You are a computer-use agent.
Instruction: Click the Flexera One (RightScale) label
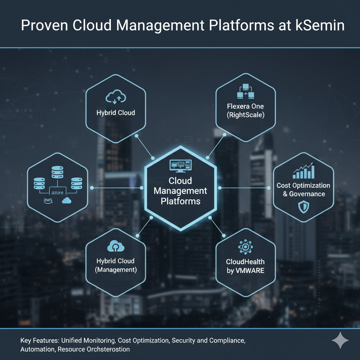click(245, 110)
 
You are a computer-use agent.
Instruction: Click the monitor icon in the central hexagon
click(180, 165)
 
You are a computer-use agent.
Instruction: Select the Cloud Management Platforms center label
click(180, 191)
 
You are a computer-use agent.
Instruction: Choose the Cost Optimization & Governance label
click(303, 189)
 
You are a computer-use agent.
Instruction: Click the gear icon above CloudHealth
click(245, 247)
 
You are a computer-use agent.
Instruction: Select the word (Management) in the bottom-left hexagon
click(116, 270)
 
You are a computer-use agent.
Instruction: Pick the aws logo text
click(48, 200)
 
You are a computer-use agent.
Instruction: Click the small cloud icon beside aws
click(66, 200)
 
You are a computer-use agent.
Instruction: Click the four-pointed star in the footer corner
click(340, 341)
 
